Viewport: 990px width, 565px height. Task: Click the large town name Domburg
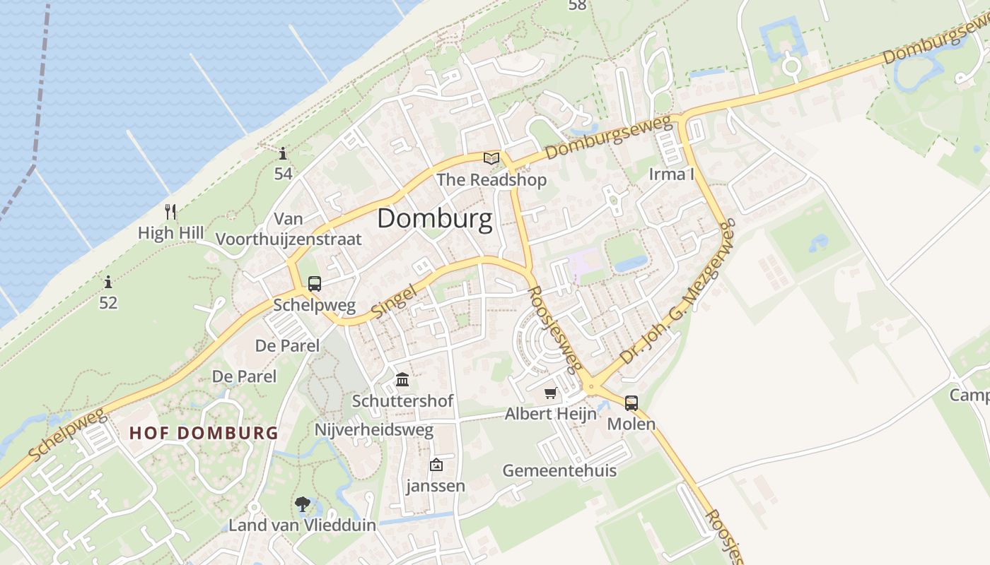pos(434,219)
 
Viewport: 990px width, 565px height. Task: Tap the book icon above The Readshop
pos(491,159)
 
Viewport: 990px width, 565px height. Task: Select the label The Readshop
pos(491,180)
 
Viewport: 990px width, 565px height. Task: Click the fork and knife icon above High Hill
pos(170,211)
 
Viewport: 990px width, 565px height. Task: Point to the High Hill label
pos(170,233)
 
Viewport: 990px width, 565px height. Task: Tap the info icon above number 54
pos(283,153)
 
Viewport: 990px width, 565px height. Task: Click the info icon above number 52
pos(108,282)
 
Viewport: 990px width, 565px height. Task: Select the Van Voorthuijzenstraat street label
pos(289,229)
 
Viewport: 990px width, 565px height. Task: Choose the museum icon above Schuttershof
pos(402,380)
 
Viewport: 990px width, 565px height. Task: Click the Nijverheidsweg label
pos(374,430)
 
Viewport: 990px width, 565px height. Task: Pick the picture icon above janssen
pos(436,465)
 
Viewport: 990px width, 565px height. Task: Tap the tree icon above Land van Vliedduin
pos(303,504)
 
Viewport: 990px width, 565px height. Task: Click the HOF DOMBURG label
pos(204,433)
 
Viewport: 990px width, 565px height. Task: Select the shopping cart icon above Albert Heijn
pos(551,393)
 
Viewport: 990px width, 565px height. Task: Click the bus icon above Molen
pos(631,403)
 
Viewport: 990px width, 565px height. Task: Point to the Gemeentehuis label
pos(559,470)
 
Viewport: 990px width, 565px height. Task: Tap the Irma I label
pos(671,174)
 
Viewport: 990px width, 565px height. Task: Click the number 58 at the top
pos(578,5)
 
